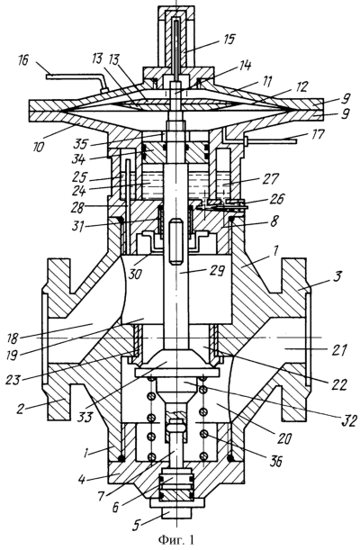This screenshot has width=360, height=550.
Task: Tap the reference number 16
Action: click(x=23, y=60)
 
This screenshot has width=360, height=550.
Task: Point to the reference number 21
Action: click(x=338, y=349)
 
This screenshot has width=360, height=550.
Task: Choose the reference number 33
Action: click(x=85, y=418)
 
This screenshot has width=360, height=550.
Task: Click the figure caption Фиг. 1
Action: click(x=176, y=539)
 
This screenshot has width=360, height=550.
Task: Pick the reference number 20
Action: click(x=284, y=438)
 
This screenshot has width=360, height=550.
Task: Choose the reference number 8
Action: click(x=275, y=221)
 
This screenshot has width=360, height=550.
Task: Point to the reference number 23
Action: click(x=14, y=380)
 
